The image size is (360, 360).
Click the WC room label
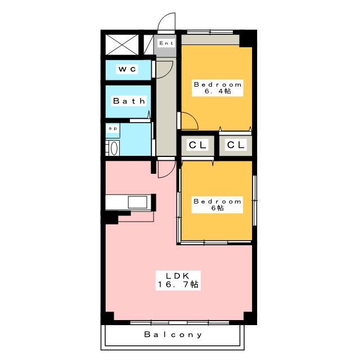[x=128, y=69]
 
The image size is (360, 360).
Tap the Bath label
[x=129, y=101]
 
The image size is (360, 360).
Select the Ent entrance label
[x=166, y=43]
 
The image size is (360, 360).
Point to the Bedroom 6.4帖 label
[x=218, y=88]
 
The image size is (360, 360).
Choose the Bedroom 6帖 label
[x=217, y=205]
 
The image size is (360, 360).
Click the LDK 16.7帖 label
[x=178, y=280]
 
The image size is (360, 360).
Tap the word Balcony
[x=173, y=335]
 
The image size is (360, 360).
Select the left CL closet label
[x=197, y=145]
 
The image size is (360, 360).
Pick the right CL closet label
[x=236, y=145]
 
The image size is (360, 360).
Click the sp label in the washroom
[x=113, y=129]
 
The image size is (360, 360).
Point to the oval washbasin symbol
[x=114, y=148]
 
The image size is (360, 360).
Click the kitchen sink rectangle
[x=137, y=202]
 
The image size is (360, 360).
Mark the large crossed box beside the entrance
[x=122, y=45]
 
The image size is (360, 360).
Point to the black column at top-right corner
[x=248, y=39]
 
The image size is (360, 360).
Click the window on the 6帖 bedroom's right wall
[x=254, y=200]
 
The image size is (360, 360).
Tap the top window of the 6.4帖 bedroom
[x=210, y=32]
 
